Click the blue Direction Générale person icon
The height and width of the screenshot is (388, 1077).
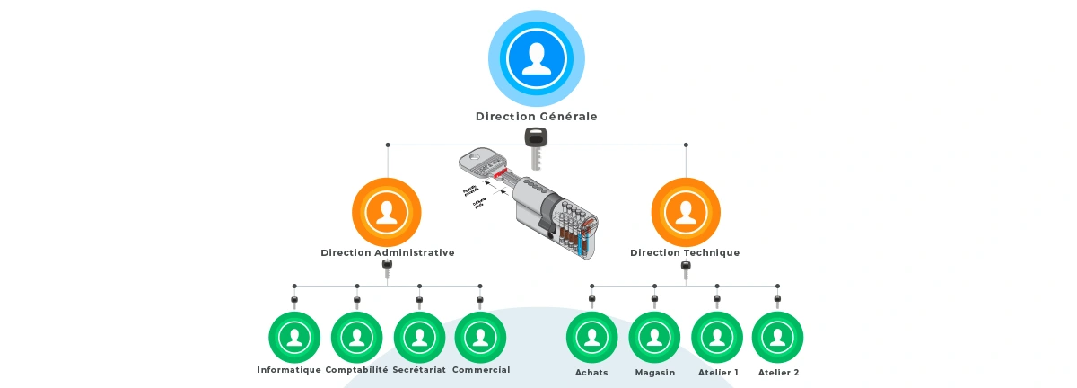click(x=537, y=58)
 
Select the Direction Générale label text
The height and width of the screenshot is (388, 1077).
click(x=537, y=117)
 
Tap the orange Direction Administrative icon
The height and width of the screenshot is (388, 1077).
click(x=387, y=212)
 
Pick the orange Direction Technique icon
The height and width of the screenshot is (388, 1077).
click(x=686, y=212)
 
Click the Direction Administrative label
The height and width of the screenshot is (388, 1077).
click(x=387, y=253)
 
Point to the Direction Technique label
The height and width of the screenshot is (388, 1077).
click(x=685, y=253)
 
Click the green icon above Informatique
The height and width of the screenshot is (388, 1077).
click(x=294, y=338)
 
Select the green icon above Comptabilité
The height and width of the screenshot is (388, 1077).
click(x=357, y=338)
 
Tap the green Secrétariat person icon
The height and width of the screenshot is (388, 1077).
click(x=419, y=338)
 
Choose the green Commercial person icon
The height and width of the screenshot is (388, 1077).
click(x=481, y=338)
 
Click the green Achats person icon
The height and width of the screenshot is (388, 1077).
click(x=592, y=338)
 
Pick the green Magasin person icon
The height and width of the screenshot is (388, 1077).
click(x=655, y=338)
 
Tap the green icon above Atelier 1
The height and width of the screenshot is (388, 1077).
click(x=717, y=338)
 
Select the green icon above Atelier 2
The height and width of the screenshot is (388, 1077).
click(x=777, y=338)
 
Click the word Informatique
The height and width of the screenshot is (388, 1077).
click(x=289, y=370)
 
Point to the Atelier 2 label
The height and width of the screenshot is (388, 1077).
click(x=778, y=372)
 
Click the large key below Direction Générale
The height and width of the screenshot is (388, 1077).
click(x=536, y=146)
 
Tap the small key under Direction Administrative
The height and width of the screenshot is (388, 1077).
click(x=387, y=268)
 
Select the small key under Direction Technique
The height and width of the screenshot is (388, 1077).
click(x=686, y=268)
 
